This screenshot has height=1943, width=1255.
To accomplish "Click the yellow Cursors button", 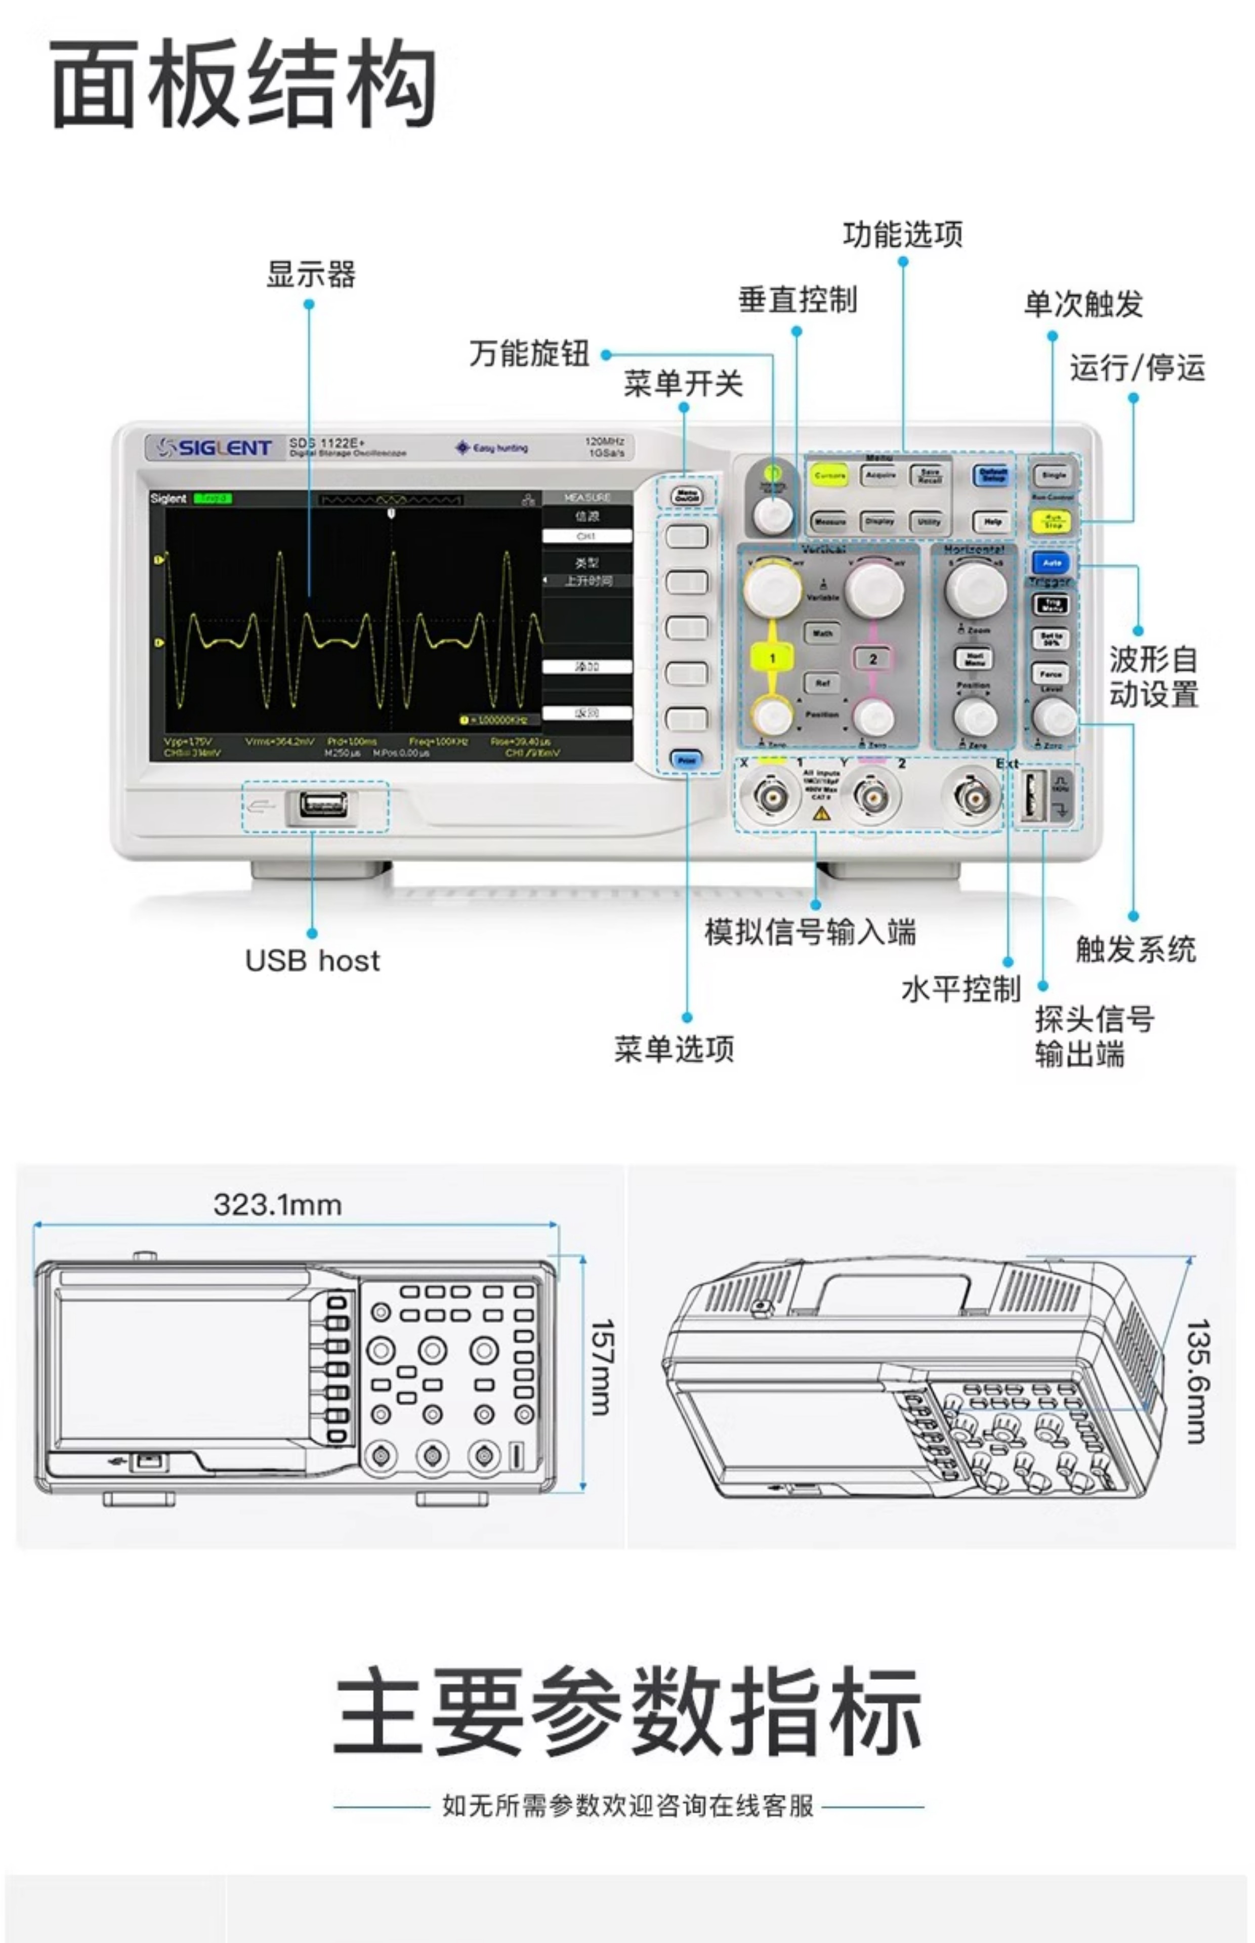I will pyautogui.click(x=829, y=475).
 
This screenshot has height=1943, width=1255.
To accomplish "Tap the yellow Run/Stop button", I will pyautogui.click(x=1052, y=521).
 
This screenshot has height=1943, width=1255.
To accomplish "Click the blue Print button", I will pyautogui.click(x=686, y=760).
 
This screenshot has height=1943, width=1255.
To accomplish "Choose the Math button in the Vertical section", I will pyautogui.click(x=822, y=633).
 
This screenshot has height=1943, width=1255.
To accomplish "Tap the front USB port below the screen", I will pyautogui.click(x=323, y=806).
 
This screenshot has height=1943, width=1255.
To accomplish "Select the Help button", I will pyautogui.click(x=992, y=521).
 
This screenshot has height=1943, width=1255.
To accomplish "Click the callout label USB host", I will pyautogui.click(x=312, y=960).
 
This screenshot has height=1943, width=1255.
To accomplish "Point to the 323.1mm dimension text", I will pyautogui.click(x=277, y=1204).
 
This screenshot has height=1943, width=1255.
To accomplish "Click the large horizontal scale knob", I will pyautogui.click(x=976, y=589).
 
